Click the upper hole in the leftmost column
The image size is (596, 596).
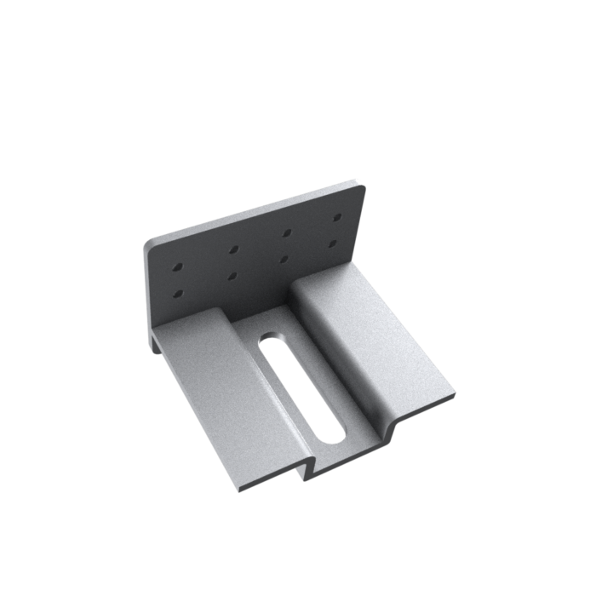[x=177, y=267]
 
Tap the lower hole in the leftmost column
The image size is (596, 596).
[x=178, y=294]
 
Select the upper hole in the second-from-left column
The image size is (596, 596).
[x=232, y=250]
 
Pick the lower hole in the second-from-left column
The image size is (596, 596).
[x=233, y=277]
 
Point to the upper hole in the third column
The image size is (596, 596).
[x=288, y=232]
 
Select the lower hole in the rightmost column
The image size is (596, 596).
[x=335, y=244]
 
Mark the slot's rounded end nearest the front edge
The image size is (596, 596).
[x=330, y=434]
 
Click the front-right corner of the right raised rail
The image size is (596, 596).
[x=453, y=395]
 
